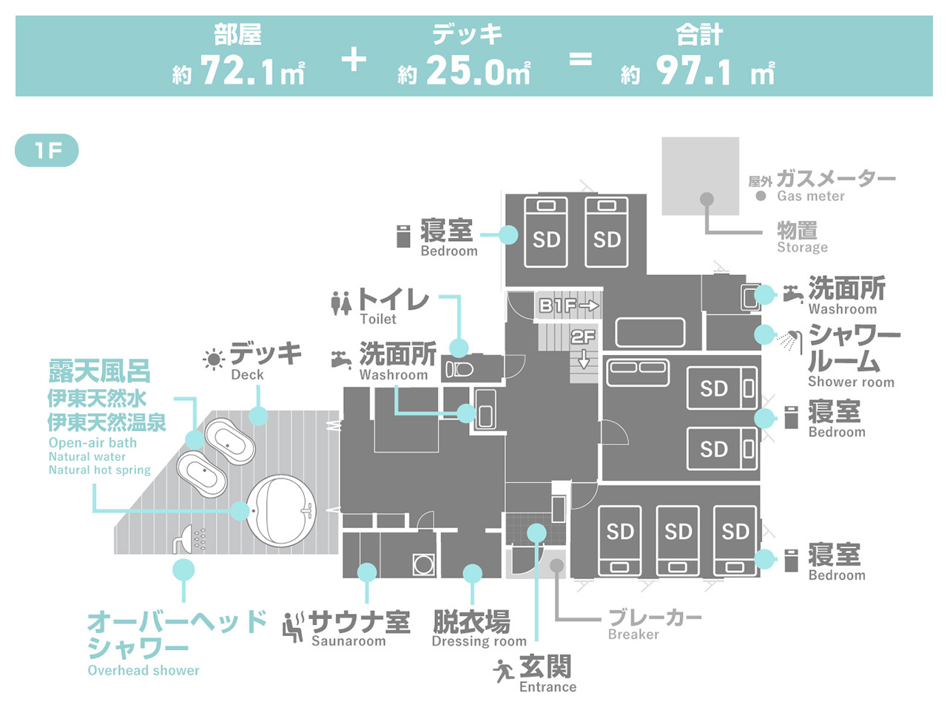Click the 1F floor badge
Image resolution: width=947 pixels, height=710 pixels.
(47, 150)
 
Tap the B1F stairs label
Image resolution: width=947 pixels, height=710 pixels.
(569, 305)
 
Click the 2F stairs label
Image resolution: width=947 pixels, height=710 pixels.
(583, 337)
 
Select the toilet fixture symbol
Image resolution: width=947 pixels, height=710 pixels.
(459, 370)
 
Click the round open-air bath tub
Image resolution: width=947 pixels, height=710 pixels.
(281, 510)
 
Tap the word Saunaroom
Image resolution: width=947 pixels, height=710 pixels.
(348, 641)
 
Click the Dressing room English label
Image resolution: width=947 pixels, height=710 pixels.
(479, 641)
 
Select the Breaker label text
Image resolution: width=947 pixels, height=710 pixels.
(633, 634)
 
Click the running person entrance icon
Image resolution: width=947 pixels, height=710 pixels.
(503, 671)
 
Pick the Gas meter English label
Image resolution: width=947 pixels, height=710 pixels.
(811, 196)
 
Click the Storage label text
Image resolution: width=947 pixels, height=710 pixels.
(803, 247)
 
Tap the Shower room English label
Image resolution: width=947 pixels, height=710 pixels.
(852, 382)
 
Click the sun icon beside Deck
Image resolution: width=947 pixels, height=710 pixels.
(214, 359)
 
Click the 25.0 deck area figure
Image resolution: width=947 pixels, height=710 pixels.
(465, 71)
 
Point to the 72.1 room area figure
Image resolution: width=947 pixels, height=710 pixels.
(237, 71)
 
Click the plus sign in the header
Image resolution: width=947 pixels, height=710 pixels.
(354, 60)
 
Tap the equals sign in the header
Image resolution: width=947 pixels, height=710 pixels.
(580, 60)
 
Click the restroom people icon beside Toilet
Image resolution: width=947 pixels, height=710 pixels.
(341, 303)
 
